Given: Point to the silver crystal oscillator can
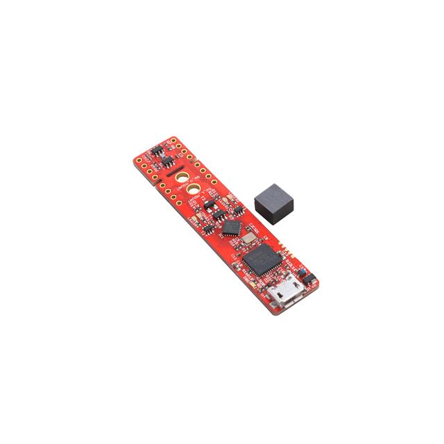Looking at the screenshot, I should [x=246, y=238].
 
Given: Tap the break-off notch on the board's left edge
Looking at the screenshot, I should [x=155, y=183].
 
